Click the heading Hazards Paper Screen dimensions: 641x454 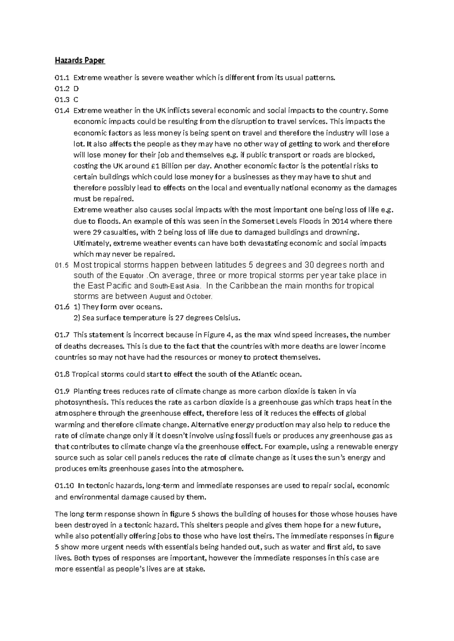point(79,60)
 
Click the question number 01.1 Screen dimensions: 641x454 point(62,78)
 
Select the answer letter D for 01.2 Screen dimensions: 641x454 point(76,89)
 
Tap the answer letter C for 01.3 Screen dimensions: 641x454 point(76,100)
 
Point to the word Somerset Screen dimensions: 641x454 point(257,221)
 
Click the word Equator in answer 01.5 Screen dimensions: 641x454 point(131,276)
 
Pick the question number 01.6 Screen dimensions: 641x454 point(62,307)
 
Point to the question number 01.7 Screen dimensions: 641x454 point(62,335)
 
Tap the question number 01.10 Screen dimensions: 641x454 point(64,486)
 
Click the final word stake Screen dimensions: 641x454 point(194,569)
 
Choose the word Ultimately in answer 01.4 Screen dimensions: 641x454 point(91,243)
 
